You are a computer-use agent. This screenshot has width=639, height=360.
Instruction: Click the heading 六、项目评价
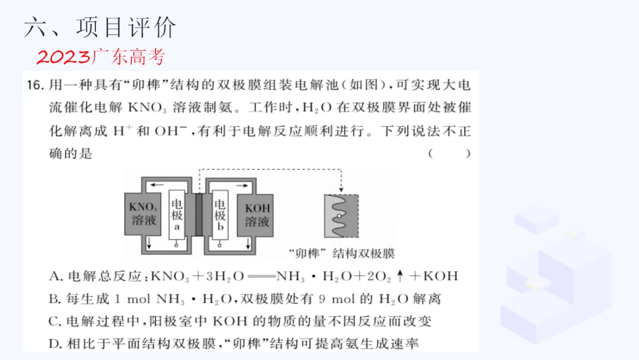pyautogui.click(x=100, y=27)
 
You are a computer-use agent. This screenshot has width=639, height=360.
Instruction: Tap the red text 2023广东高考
pyautogui.click(x=101, y=57)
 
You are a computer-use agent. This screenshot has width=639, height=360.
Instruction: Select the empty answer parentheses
pyautogui.click(x=450, y=154)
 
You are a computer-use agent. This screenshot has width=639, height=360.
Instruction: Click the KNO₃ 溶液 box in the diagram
pyautogui.click(x=143, y=215)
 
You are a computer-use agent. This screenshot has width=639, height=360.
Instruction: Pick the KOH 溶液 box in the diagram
pyautogui.click(x=257, y=215)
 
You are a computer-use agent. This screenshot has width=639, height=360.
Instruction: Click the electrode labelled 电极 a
pyautogui.click(x=177, y=215)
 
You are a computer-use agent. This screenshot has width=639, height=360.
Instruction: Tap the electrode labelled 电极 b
pyautogui.click(x=220, y=215)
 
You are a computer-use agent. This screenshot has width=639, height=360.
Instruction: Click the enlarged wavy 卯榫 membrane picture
pyautogui.click(x=341, y=216)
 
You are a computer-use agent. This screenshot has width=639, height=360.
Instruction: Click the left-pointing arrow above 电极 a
pyautogui.click(x=157, y=185)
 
